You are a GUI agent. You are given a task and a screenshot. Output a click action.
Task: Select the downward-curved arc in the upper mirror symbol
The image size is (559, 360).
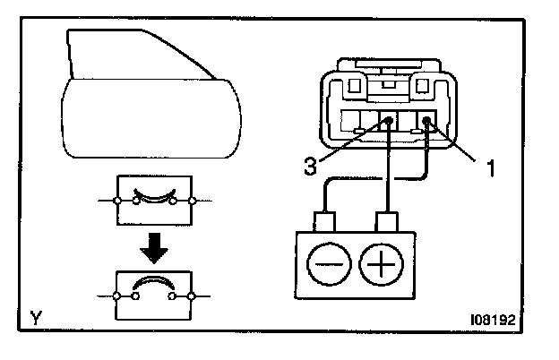click(x=151, y=194)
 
